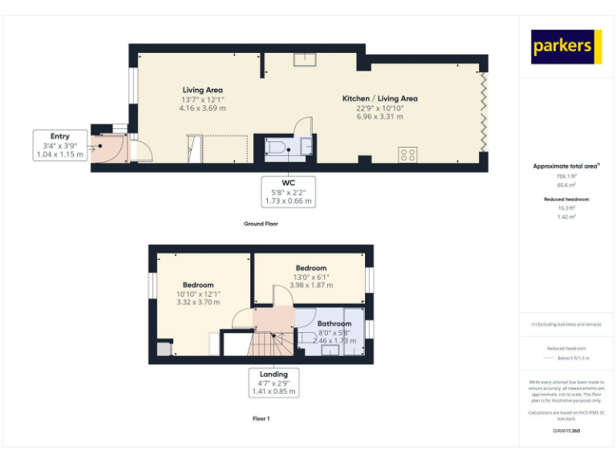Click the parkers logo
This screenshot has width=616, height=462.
pos(566,47)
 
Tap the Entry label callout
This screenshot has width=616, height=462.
pos(59,145)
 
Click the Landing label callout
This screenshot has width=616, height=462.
pos(274,383)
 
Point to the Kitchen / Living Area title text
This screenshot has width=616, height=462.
pos(380,99)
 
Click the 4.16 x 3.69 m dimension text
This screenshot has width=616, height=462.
pos(202,107)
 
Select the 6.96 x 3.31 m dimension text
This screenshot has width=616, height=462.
pos(380,116)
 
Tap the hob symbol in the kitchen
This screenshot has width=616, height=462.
pos(407,154)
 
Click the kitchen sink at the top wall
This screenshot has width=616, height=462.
pos(305,59)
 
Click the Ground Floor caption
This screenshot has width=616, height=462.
pos(261,224)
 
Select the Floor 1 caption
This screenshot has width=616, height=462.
pos(261,418)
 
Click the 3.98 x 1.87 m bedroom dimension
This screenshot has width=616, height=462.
pos(310,285)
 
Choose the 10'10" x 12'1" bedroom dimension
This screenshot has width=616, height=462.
pos(197,294)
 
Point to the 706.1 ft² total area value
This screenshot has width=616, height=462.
pos(566,176)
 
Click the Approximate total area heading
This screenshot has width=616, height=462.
pos(565,166)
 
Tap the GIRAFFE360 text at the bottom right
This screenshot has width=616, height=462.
pos(566,432)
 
